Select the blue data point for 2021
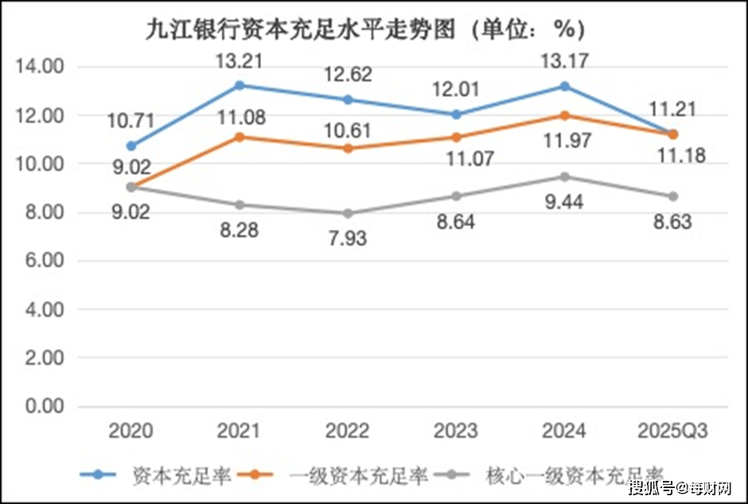tap(240, 85)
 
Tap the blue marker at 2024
tap(564, 86)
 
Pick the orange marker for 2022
tap(348, 148)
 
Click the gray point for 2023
tap(456, 196)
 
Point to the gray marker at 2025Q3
tap(672, 196)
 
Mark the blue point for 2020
tap(131, 146)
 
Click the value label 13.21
tap(239, 60)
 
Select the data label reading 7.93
tap(346, 237)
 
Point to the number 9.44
tap(564, 202)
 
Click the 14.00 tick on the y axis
tap(40, 67)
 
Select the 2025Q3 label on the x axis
tap(672, 432)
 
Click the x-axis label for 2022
tap(348, 432)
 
